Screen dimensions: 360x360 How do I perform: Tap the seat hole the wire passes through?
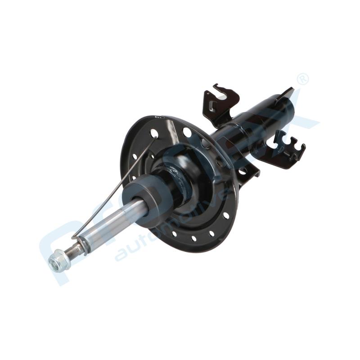(154, 134)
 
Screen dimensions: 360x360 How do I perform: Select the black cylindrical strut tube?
(256, 121)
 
